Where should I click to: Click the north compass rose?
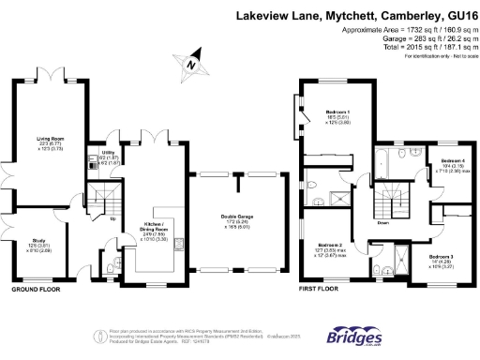tap(193, 63)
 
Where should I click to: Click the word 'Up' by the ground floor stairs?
tap(113, 220)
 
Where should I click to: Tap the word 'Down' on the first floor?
tap(383, 224)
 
